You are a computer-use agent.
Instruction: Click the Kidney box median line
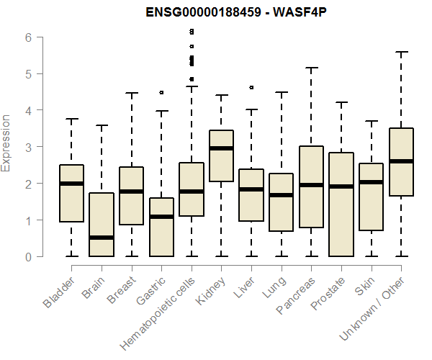click(221, 148)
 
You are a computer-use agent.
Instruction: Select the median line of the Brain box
click(101, 237)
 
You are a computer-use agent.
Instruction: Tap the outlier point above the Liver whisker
click(251, 87)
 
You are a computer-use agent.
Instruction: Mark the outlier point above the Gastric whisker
click(161, 92)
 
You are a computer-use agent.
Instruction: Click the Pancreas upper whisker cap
click(311, 68)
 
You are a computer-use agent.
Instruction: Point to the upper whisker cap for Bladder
click(71, 119)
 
